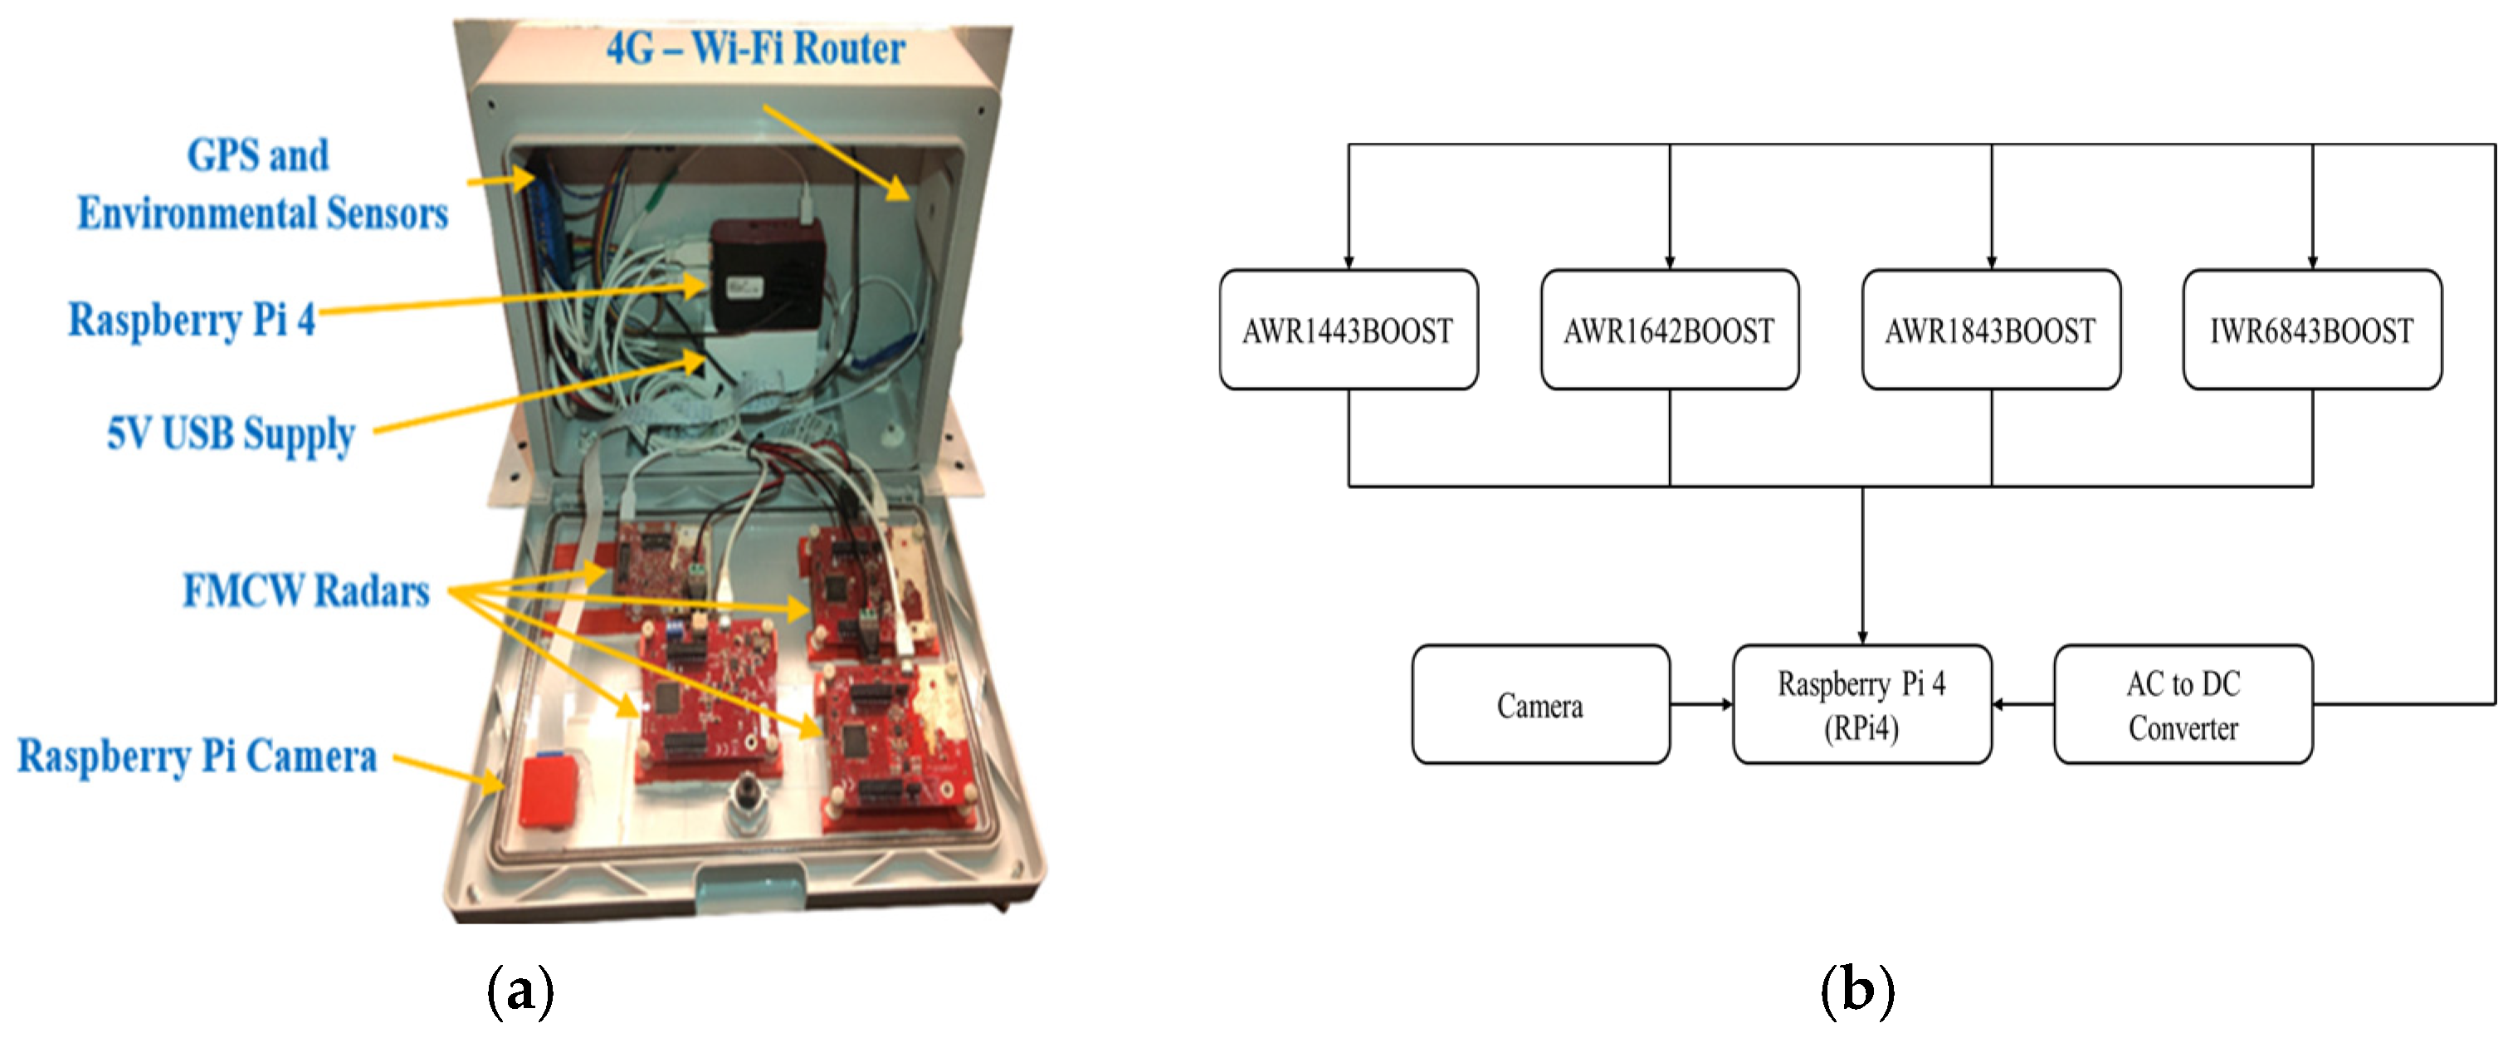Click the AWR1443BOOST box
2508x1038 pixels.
pos(1348,330)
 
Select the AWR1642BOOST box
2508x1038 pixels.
pos(1669,330)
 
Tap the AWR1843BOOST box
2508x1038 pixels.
pos(1990,330)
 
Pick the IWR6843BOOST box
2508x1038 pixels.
pos(2311,330)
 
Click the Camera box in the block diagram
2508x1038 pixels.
pos(1540,704)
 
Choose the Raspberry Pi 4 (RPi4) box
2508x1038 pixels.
pos(1861,704)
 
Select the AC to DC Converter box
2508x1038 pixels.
pos(2183,704)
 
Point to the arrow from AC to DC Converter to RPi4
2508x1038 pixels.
pos(2023,704)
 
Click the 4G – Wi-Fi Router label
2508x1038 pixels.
pos(755,49)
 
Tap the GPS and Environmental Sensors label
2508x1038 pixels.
pos(262,184)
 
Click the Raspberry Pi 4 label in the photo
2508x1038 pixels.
pos(192,320)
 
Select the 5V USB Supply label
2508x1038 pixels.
pos(231,434)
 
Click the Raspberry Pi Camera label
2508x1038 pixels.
pos(198,756)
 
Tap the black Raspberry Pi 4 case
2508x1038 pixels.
pos(766,275)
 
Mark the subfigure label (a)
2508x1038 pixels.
pos(520,991)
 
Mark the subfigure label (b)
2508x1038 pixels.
pos(1857,991)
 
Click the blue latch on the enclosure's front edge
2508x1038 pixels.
pos(749,890)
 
